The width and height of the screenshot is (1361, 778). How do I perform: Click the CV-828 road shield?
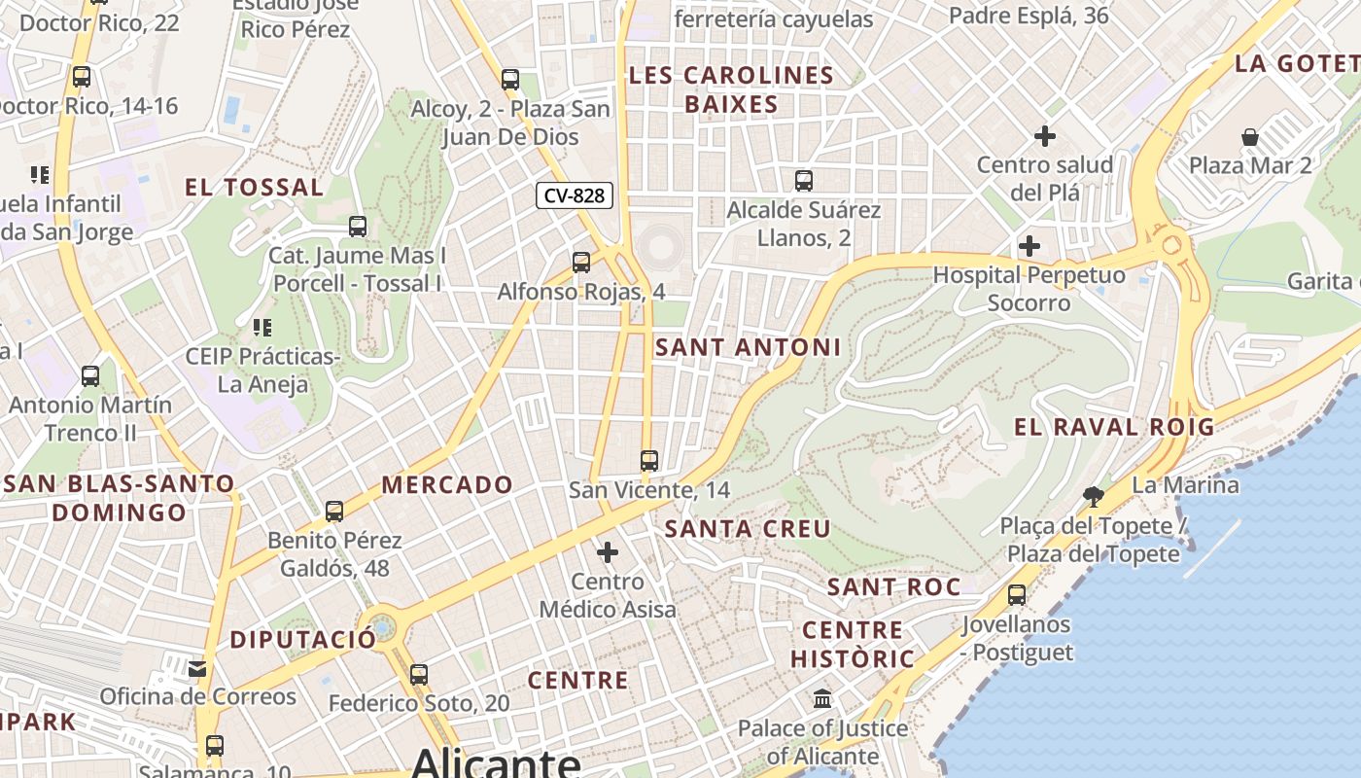pos(575,195)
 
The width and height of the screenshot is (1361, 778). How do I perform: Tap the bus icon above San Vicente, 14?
pos(649,461)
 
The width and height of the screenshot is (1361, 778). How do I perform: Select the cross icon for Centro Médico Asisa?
pos(608,553)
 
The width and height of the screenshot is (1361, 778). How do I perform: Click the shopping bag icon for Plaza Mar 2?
pos(1250,137)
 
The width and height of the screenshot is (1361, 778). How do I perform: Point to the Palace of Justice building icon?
pos(822,699)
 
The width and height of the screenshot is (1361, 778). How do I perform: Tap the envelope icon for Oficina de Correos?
pos(198,668)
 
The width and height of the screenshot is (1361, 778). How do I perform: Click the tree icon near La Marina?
pos(1094,497)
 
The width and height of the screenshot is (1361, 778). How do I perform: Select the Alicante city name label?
pos(496,761)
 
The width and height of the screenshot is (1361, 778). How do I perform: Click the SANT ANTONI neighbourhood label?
pos(748,347)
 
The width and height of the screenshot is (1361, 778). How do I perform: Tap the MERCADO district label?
pos(447,484)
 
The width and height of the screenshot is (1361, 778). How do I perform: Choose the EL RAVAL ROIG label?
pos(1114,427)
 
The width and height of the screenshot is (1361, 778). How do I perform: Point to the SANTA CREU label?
pos(748,529)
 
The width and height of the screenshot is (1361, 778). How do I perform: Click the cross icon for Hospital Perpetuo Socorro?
pos(1029,246)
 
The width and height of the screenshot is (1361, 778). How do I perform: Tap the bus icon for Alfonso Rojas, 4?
pos(581,263)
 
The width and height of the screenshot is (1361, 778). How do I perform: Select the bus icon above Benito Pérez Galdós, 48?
pos(334,511)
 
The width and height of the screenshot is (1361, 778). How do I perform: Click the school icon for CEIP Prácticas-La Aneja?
pos(262,328)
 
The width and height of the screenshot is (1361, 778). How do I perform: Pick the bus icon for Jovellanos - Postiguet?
pos(1017,595)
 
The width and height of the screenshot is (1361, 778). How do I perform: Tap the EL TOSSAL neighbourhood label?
pos(254,188)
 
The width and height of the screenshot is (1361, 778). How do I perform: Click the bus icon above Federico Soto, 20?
pos(419,674)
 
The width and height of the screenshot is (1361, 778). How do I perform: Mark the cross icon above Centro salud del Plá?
pos(1045,136)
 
